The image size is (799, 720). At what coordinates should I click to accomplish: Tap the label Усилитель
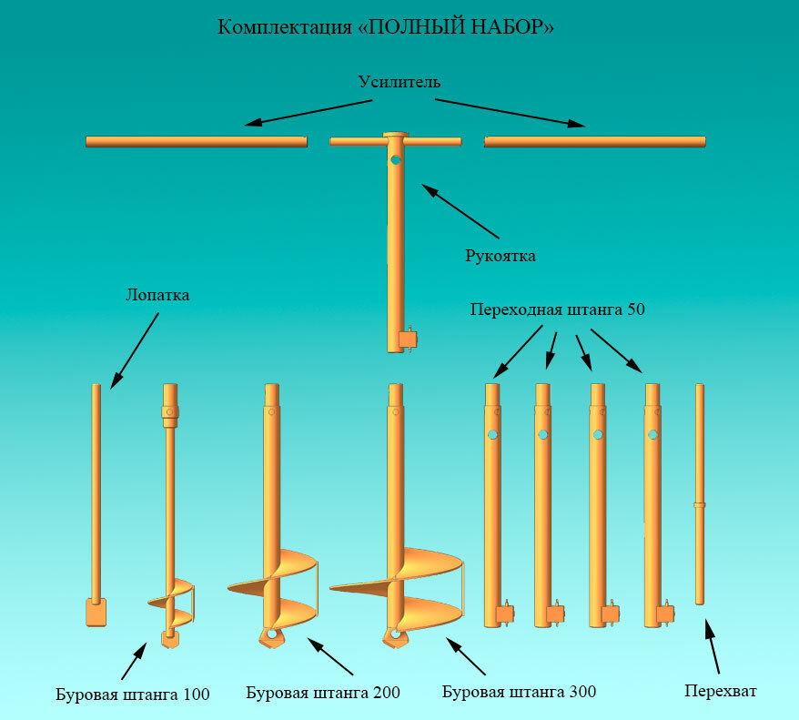coord(399,83)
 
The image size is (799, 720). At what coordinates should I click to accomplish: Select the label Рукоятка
coord(500,256)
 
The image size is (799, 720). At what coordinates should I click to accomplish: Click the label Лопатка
coord(157,296)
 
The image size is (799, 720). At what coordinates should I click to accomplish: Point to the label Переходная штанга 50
coord(558,309)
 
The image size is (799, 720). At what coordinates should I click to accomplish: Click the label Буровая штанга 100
coord(132,695)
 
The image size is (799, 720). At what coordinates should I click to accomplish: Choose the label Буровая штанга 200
coord(323,693)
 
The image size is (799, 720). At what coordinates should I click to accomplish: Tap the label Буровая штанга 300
coord(519,692)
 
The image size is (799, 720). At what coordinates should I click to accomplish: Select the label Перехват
coord(720,691)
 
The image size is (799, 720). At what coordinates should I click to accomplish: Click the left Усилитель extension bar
coord(196,141)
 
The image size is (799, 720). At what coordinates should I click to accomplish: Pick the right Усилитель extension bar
coord(595,141)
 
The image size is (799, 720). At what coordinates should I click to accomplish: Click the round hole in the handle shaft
coord(396,160)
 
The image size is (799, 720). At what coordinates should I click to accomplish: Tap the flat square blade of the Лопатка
coord(96,612)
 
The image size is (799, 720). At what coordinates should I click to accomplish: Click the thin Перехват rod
coord(699,492)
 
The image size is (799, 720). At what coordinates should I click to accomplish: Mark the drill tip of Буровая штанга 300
coord(395,636)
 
